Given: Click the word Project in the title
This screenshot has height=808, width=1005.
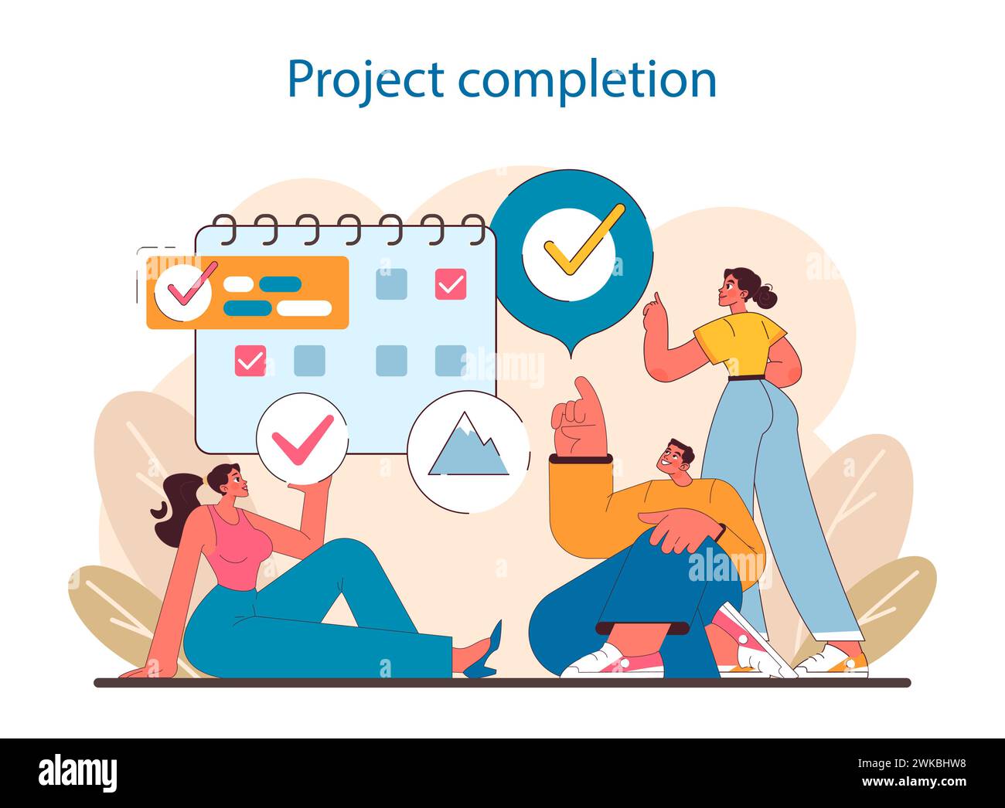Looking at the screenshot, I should click(364, 80).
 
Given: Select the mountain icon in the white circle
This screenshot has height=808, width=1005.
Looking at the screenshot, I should click(468, 448).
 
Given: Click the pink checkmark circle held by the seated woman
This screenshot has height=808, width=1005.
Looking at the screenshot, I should click(302, 438).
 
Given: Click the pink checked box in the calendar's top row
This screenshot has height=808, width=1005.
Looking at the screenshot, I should click(451, 284).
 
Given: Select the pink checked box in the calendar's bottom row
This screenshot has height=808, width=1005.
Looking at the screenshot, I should click(250, 360).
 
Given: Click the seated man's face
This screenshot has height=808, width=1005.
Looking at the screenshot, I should click(672, 460).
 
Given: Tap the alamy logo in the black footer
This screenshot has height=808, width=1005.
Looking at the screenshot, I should click(77, 772).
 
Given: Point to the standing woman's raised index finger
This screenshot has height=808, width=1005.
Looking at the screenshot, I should click(656, 298).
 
